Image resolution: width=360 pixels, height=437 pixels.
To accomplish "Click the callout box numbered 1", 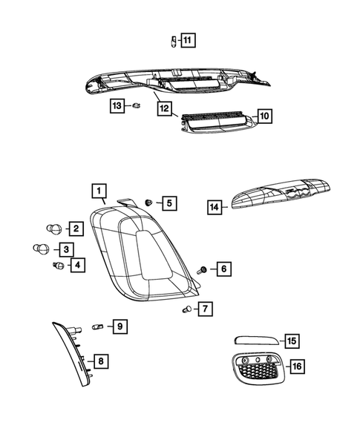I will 97,191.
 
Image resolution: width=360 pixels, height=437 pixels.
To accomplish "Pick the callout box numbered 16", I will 297,367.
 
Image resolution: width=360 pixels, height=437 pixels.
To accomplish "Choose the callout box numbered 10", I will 265,116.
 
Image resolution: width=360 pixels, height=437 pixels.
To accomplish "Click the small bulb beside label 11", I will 168,40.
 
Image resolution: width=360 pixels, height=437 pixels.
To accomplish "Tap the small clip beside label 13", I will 137,106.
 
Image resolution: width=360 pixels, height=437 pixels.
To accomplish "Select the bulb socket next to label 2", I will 53,229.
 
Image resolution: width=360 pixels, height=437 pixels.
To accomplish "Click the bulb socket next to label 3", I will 42,249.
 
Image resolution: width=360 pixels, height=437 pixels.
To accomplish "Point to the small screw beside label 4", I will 56,264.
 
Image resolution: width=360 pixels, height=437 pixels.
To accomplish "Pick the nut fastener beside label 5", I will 149,202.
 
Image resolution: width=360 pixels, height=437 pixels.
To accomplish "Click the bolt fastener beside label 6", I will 202,269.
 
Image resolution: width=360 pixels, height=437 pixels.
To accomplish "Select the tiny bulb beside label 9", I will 96,326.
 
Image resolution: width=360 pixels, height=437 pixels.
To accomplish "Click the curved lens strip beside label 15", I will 256,341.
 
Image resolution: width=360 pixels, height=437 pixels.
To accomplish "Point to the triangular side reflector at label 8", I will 74,356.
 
